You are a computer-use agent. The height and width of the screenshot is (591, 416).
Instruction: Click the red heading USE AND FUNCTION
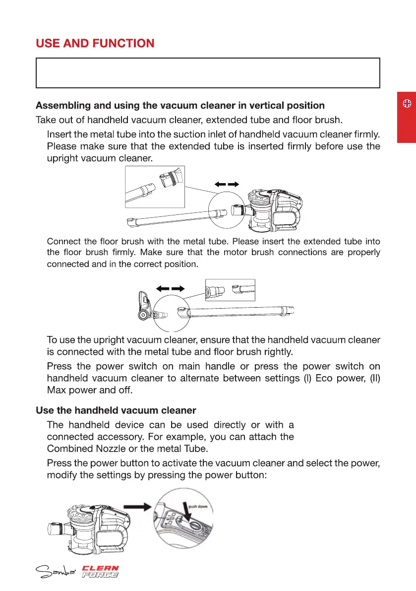click(95, 43)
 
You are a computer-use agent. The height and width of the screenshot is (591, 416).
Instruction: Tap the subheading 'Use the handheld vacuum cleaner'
click(116, 411)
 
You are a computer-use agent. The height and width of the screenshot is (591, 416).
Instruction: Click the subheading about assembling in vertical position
click(180, 106)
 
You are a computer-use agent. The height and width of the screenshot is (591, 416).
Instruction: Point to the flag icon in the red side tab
click(406, 104)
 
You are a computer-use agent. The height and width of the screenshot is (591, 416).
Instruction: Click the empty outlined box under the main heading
click(207, 73)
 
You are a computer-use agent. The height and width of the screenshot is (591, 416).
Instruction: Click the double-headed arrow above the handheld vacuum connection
click(227, 184)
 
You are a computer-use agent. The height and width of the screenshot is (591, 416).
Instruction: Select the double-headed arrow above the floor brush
click(171, 288)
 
